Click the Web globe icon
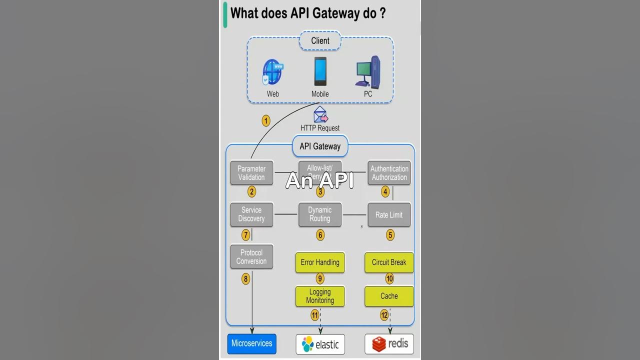[x=272, y=73]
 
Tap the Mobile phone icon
[x=320, y=71]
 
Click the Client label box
[x=320, y=41]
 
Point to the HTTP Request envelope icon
[x=320, y=115]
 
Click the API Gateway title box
[x=320, y=146]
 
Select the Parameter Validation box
[x=251, y=173]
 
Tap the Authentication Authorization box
[x=389, y=173]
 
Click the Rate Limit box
[x=389, y=215]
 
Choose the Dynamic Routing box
[x=320, y=214]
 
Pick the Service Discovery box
[x=251, y=214]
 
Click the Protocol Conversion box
[x=251, y=257]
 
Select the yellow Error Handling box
[x=320, y=262]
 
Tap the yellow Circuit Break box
[x=389, y=262]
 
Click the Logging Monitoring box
[x=320, y=296]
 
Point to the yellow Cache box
[x=389, y=296]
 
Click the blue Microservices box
[x=252, y=343]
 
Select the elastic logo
[x=320, y=344]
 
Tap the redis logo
[x=389, y=343]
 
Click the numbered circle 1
[x=266, y=121]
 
